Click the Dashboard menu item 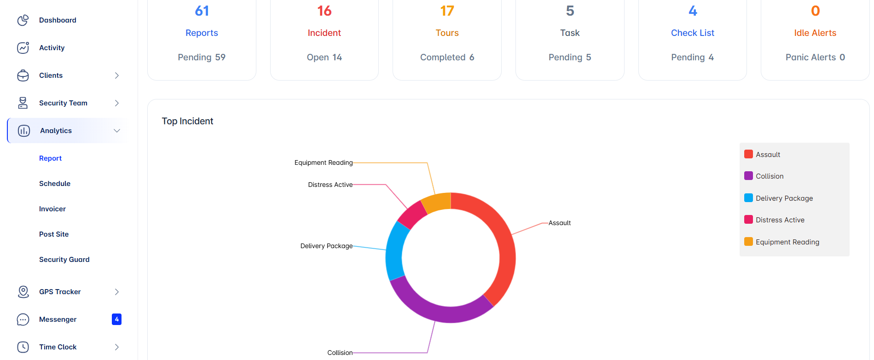coord(58,20)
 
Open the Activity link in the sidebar coord(52,48)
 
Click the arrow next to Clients coord(117,75)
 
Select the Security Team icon coord(23,103)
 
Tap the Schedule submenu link coord(55,184)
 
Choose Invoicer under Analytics coord(52,209)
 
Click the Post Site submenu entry coord(54,234)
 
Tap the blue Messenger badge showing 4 coord(117,319)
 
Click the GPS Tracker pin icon coord(23,292)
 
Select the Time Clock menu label coord(58,347)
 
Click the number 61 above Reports coord(202,11)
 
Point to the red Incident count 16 coord(324,11)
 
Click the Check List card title coord(692,33)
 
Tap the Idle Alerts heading coord(815,33)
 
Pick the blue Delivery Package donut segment coord(394,251)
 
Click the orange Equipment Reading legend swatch coord(748,242)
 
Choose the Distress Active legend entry coord(780,220)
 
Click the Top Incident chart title coord(187,121)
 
